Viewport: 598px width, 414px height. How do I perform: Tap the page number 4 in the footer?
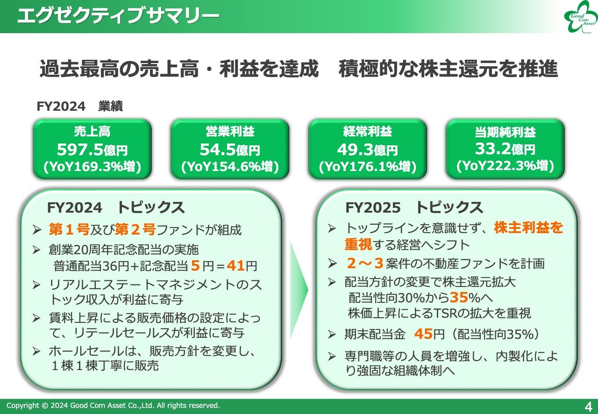pos(588,405)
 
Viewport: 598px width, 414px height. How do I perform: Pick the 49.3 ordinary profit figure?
pos(355,150)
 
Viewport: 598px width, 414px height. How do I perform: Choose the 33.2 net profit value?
pos(492,149)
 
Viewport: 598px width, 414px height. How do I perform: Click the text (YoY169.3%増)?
pos(92,166)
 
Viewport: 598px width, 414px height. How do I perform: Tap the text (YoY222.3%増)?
pos(505,166)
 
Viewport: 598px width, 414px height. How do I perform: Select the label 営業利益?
pos(230,131)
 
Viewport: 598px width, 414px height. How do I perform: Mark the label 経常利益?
pos(368,131)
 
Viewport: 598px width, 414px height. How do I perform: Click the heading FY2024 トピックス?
pos(116,207)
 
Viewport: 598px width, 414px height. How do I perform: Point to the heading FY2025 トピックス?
pos(414,207)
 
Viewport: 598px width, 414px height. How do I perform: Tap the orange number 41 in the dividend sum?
pos(236,266)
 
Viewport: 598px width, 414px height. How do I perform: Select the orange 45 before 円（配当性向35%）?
pos(423,334)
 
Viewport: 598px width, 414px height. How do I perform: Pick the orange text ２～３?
pos(365,264)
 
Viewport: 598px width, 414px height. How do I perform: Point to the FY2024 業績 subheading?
pos(79,107)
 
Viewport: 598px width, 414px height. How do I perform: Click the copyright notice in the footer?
pos(113,406)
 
